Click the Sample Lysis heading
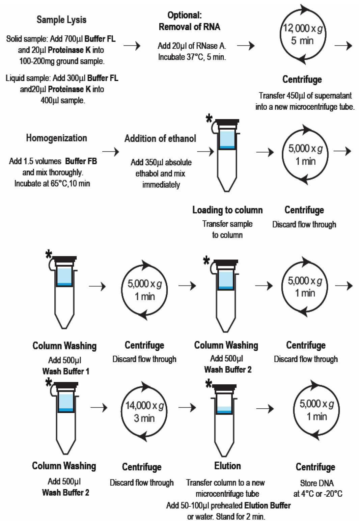coord(61,20)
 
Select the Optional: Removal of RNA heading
coord(189,21)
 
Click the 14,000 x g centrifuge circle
coord(144,412)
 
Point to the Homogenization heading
coord(57,138)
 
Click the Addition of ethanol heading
coord(160,139)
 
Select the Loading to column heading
coord(227,210)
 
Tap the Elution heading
coord(227,466)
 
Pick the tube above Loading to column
coord(226,154)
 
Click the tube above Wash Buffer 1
coord(64,290)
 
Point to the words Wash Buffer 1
coord(66,371)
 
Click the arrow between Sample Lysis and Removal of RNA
coord(132,46)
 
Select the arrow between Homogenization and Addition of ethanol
coord(111,152)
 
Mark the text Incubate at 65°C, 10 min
coord(52,184)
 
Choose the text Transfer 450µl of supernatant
coord(305,96)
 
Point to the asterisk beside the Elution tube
coord(209,383)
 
